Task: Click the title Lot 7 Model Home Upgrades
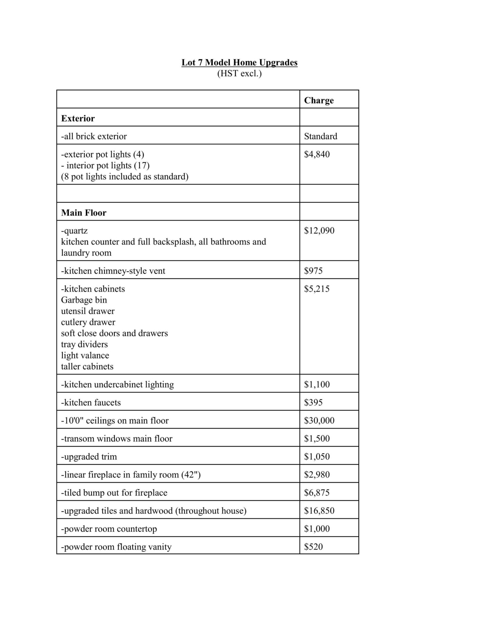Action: (239, 62)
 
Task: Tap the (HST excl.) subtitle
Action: (239, 74)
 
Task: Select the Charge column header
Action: (319, 100)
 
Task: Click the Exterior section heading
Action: (78, 118)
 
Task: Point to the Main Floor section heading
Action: (84, 213)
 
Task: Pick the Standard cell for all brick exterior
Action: (320, 136)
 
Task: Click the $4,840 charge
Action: (317, 154)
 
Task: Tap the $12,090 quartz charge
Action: (319, 231)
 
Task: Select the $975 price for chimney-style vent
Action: (313, 271)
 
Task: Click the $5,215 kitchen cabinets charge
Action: (316, 289)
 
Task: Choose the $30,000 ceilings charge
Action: (319, 420)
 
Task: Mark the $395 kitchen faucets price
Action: (313, 402)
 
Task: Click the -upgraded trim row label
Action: (89, 457)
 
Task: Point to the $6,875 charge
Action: (316, 493)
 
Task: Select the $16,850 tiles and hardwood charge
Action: (319, 511)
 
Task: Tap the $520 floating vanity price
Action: (313, 547)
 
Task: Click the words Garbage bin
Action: (84, 300)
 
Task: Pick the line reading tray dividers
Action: (84, 345)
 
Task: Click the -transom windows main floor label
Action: (117, 439)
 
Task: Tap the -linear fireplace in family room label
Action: (131, 475)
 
